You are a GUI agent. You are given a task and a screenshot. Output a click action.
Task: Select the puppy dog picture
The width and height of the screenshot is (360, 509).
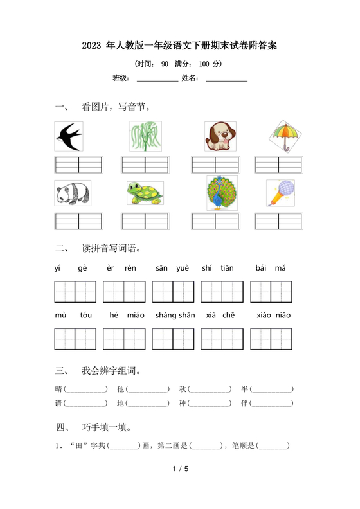[x=221, y=136]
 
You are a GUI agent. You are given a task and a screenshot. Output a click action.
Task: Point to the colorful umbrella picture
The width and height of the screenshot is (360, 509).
[x=284, y=136]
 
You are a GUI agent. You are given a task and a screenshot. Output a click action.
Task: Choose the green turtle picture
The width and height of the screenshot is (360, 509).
[x=145, y=193]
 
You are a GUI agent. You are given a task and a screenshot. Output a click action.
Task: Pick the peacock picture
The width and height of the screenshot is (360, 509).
[x=222, y=193]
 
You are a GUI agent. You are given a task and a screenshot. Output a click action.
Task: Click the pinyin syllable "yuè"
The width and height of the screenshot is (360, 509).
[x=183, y=268]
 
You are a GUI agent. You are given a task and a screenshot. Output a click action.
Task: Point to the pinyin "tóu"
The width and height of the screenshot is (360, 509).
[x=86, y=315]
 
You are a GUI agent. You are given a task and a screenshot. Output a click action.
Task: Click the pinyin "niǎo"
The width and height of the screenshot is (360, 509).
[x=283, y=315]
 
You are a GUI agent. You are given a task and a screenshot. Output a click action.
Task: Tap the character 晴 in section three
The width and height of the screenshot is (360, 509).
[x=59, y=389]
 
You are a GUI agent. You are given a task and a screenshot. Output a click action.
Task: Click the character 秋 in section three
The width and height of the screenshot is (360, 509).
[x=183, y=389]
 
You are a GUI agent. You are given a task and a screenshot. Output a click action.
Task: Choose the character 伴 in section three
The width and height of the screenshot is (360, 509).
[x=245, y=403]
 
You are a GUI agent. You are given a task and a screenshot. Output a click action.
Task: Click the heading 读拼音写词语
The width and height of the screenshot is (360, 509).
[x=111, y=247]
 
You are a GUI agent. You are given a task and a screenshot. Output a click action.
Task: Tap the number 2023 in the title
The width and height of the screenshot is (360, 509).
[x=94, y=46]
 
